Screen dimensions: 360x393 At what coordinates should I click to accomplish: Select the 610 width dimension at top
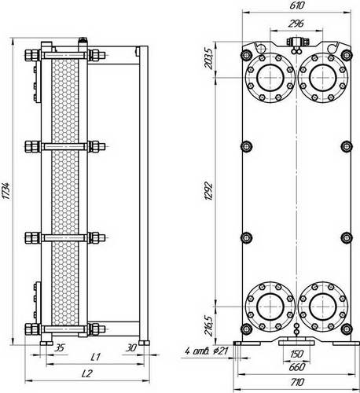(x=297, y=6)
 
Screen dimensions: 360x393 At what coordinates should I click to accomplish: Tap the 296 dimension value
(x=296, y=24)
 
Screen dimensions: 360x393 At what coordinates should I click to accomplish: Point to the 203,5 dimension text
(x=209, y=58)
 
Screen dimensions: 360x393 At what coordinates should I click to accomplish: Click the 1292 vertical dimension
(x=208, y=191)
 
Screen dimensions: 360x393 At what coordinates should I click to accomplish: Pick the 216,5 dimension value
(x=208, y=325)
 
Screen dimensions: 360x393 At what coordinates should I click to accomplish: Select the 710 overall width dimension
(x=297, y=382)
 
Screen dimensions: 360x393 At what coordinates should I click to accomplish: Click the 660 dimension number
(x=297, y=367)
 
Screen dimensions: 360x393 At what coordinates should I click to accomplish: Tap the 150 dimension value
(x=297, y=354)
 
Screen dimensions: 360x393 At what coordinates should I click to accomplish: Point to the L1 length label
(x=95, y=357)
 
